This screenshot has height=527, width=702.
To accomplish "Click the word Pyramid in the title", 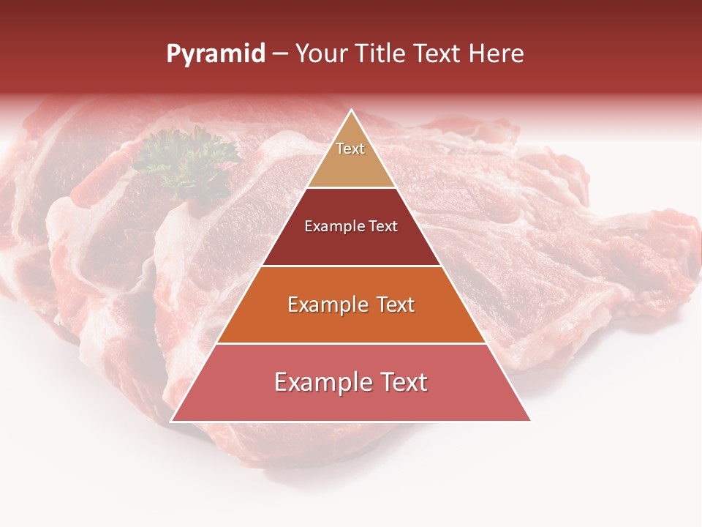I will point(215,54).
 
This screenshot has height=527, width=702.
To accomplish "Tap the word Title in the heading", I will point(381,54).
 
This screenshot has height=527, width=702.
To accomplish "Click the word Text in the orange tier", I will point(395,304).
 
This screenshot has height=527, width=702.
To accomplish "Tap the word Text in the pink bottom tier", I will point(403,382).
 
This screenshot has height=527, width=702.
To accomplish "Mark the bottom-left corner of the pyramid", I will point(172,421).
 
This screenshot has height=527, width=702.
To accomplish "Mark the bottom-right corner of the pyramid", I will point(530,421).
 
